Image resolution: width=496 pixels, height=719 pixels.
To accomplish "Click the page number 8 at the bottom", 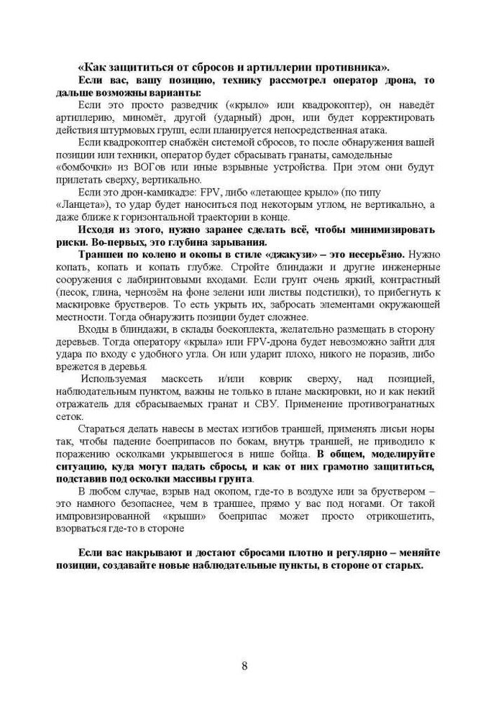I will click(244, 665).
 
